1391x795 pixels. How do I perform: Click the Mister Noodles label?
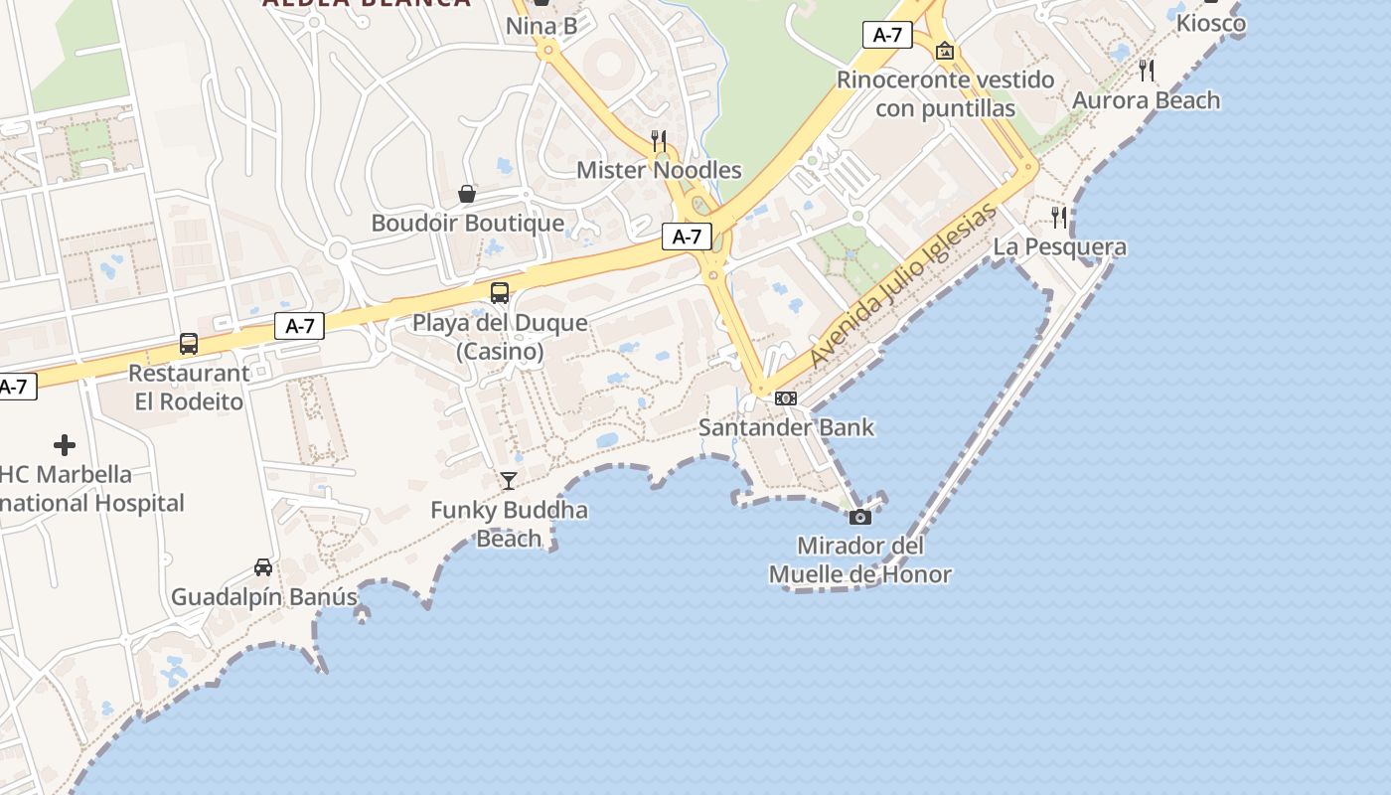[x=659, y=170]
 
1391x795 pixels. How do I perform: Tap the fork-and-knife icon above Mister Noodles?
[x=658, y=140]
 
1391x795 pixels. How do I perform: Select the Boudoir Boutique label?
[x=467, y=223]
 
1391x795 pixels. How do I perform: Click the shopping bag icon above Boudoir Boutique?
[x=467, y=194]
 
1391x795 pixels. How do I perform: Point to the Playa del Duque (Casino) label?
[x=500, y=337]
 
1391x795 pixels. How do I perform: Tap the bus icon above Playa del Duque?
[x=500, y=293]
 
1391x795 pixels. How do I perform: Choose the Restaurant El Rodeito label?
[x=189, y=388]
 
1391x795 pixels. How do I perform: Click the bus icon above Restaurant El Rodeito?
[x=189, y=344]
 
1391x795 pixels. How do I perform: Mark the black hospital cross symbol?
[x=65, y=445]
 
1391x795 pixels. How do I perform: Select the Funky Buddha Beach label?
[x=509, y=524]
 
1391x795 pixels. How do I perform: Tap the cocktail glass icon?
[x=509, y=481]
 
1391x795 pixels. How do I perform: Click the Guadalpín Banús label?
[x=263, y=597]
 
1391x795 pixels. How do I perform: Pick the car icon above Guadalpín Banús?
[x=263, y=567]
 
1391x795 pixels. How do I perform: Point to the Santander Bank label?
[x=786, y=427]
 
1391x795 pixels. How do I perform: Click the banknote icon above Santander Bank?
[x=786, y=398]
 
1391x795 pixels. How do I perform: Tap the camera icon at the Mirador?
[x=860, y=517]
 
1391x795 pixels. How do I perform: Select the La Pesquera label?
[x=1060, y=246]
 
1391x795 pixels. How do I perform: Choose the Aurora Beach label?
[x=1146, y=100]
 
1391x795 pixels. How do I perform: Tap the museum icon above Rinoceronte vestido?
[x=945, y=50]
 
